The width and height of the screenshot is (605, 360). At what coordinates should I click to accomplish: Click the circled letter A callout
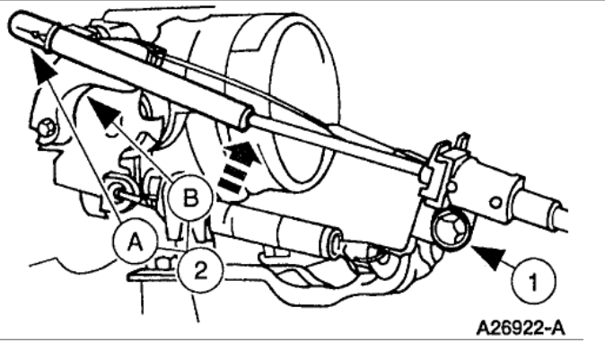136,240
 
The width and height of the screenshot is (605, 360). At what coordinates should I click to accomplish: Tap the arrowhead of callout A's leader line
34,64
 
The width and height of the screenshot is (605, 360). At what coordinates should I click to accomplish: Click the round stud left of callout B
118,190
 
